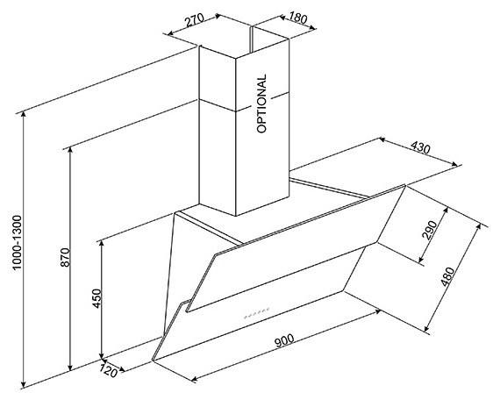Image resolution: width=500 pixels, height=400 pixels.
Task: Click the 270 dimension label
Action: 194,20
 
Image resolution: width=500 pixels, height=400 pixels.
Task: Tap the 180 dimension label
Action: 298,18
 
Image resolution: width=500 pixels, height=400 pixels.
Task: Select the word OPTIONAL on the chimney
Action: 261,104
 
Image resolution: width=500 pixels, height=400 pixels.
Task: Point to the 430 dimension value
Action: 420,147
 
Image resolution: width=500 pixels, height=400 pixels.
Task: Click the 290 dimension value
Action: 429,230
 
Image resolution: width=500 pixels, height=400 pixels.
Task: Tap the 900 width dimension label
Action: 284,340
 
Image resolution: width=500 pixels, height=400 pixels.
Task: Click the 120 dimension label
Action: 109,370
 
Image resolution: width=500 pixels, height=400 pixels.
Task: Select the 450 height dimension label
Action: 96,298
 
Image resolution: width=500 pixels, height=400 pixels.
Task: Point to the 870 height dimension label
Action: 65,257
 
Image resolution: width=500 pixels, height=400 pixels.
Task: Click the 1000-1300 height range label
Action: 17,242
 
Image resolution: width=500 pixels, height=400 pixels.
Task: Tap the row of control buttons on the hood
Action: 257,313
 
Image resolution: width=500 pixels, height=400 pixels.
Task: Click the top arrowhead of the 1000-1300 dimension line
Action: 23,115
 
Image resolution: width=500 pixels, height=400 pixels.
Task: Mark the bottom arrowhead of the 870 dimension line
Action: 70,368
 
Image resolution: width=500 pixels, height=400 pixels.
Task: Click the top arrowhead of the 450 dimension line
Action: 102,244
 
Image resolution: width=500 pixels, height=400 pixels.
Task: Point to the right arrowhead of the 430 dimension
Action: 454,164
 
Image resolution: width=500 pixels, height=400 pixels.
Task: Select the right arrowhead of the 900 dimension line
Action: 377,311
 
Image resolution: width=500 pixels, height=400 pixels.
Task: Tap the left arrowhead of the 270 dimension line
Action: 171,32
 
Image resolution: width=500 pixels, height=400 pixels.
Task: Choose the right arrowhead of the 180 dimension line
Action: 312,28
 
